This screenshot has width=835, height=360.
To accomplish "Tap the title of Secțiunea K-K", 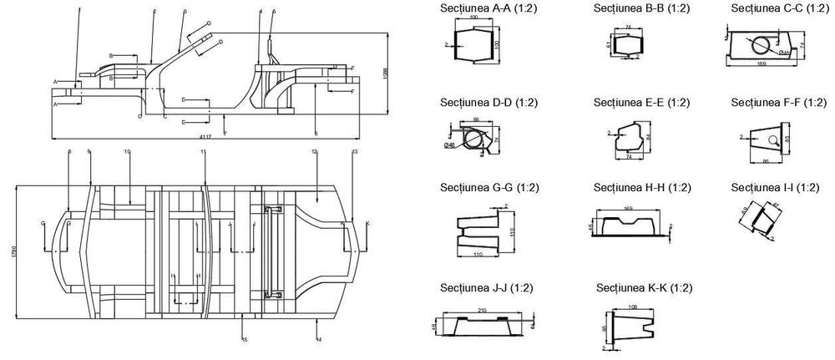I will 645,288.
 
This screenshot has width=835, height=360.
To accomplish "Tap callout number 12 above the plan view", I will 314,153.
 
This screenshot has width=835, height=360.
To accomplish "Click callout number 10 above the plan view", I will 127,153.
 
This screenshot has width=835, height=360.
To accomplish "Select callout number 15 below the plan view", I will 245,340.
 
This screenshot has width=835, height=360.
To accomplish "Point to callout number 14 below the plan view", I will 320,340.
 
